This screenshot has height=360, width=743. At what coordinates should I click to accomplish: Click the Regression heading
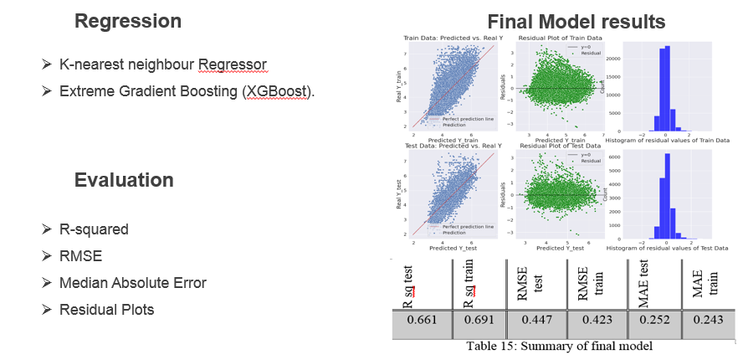(x=127, y=21)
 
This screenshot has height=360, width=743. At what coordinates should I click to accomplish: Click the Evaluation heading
(x=124, y=180)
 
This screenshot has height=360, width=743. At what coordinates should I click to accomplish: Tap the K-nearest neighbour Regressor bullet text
(x=163, y=64)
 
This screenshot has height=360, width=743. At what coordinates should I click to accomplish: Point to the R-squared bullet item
(x=94, y=229)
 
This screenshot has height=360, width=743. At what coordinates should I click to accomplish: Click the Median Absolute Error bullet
(x=132, y=283)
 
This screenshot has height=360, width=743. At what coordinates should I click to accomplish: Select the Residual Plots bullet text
(x=106, y=310)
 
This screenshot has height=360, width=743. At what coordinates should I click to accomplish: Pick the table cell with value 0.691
(x=479, y=320)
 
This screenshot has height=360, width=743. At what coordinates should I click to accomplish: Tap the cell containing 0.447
(x=536, y=320)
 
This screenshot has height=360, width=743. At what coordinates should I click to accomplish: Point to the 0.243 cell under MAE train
(x=708, y=320)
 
